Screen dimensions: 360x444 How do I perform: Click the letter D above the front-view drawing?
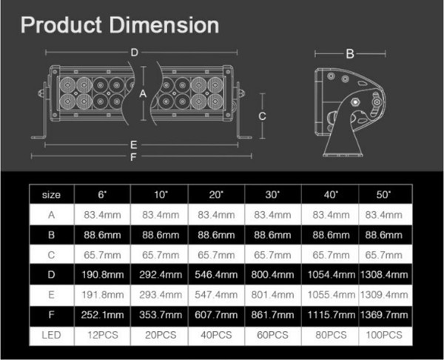click(134, 52)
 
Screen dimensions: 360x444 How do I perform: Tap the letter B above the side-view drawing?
click(350, 53)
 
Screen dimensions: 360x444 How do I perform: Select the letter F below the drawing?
click(134, 157)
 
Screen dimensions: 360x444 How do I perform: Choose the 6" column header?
click(102, 194)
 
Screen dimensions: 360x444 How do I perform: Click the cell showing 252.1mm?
click(102, 315)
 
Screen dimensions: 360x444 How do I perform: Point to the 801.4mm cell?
click(274, 295)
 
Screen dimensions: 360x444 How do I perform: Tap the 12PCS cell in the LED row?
click(102, 335)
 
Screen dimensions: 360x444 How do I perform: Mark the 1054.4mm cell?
click(329, 274)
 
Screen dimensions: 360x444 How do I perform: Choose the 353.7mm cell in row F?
click(159, 315)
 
